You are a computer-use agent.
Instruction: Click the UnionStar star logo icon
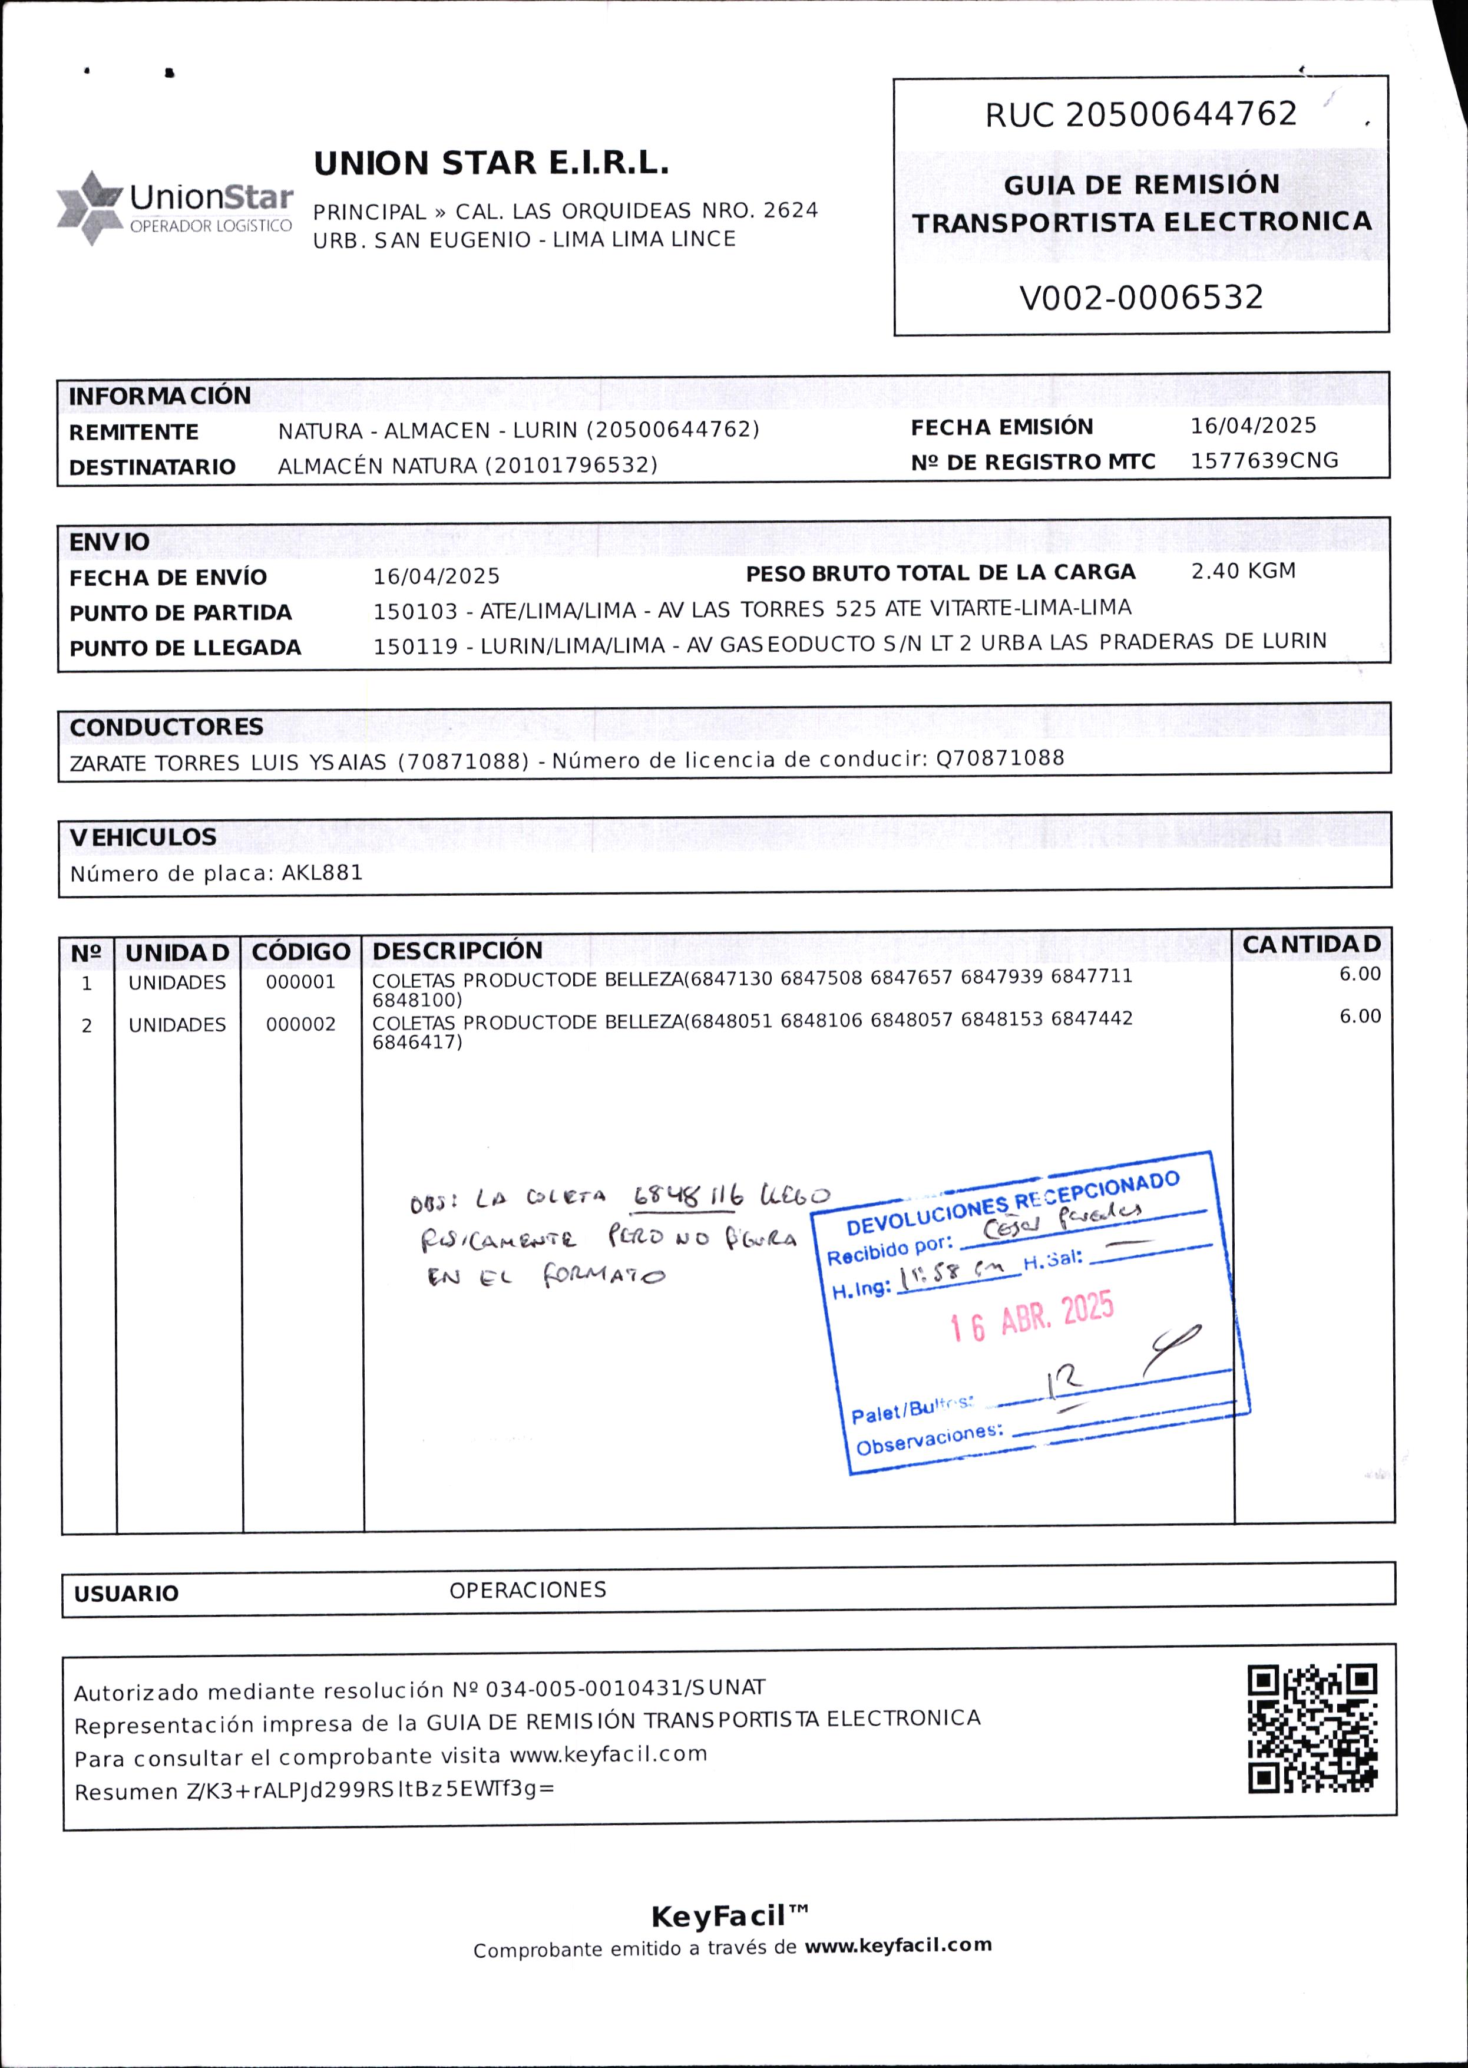(90, 208)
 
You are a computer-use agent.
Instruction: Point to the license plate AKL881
(323, 873)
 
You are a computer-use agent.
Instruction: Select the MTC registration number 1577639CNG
(1264, 460)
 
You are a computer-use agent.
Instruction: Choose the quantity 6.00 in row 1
(1360, 974)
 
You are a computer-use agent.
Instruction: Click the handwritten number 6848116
(686, 1197)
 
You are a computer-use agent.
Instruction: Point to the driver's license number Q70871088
(1000, 758)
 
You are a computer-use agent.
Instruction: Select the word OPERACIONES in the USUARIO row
(528, 1589)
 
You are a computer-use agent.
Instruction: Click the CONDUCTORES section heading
(166, 727)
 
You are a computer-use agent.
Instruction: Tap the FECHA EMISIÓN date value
(1253, 426)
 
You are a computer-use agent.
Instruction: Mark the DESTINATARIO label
(152, 467)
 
